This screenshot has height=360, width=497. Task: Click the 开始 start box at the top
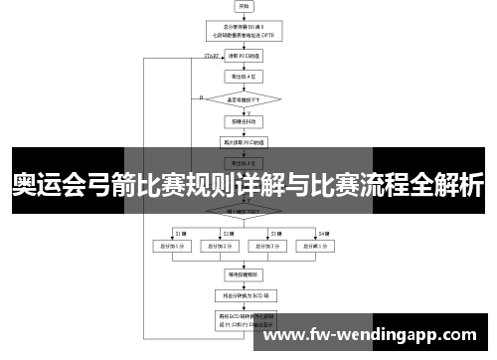coord(244,8)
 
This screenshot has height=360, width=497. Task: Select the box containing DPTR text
coord(244,33)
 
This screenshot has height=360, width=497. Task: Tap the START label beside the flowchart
coord(212,57)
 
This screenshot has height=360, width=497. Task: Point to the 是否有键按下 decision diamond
coord(244,98)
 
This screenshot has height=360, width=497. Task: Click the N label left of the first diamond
coord(201,96)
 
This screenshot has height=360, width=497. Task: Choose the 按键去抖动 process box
coord(244,122)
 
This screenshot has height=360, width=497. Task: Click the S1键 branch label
coord(181,232)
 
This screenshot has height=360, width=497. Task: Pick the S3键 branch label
coord(277,232)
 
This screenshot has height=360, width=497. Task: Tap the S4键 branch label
coord(324,232)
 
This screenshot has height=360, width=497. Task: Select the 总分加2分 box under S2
coord(220,245)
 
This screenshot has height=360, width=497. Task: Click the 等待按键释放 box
coord(244,272)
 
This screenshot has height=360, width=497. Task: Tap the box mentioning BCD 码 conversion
coord(244,295)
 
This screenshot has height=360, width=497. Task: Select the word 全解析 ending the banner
coord(448,184)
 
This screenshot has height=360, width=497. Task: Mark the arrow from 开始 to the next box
coord(244,16)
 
